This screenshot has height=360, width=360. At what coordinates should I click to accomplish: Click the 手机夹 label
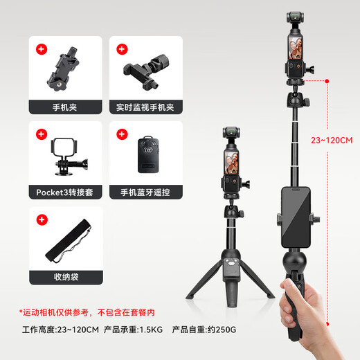(x=66, y=107)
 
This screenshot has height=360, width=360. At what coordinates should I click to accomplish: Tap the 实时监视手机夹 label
(x=145, y=107)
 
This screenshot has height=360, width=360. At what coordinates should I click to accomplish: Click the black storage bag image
(x=68, y=242)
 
